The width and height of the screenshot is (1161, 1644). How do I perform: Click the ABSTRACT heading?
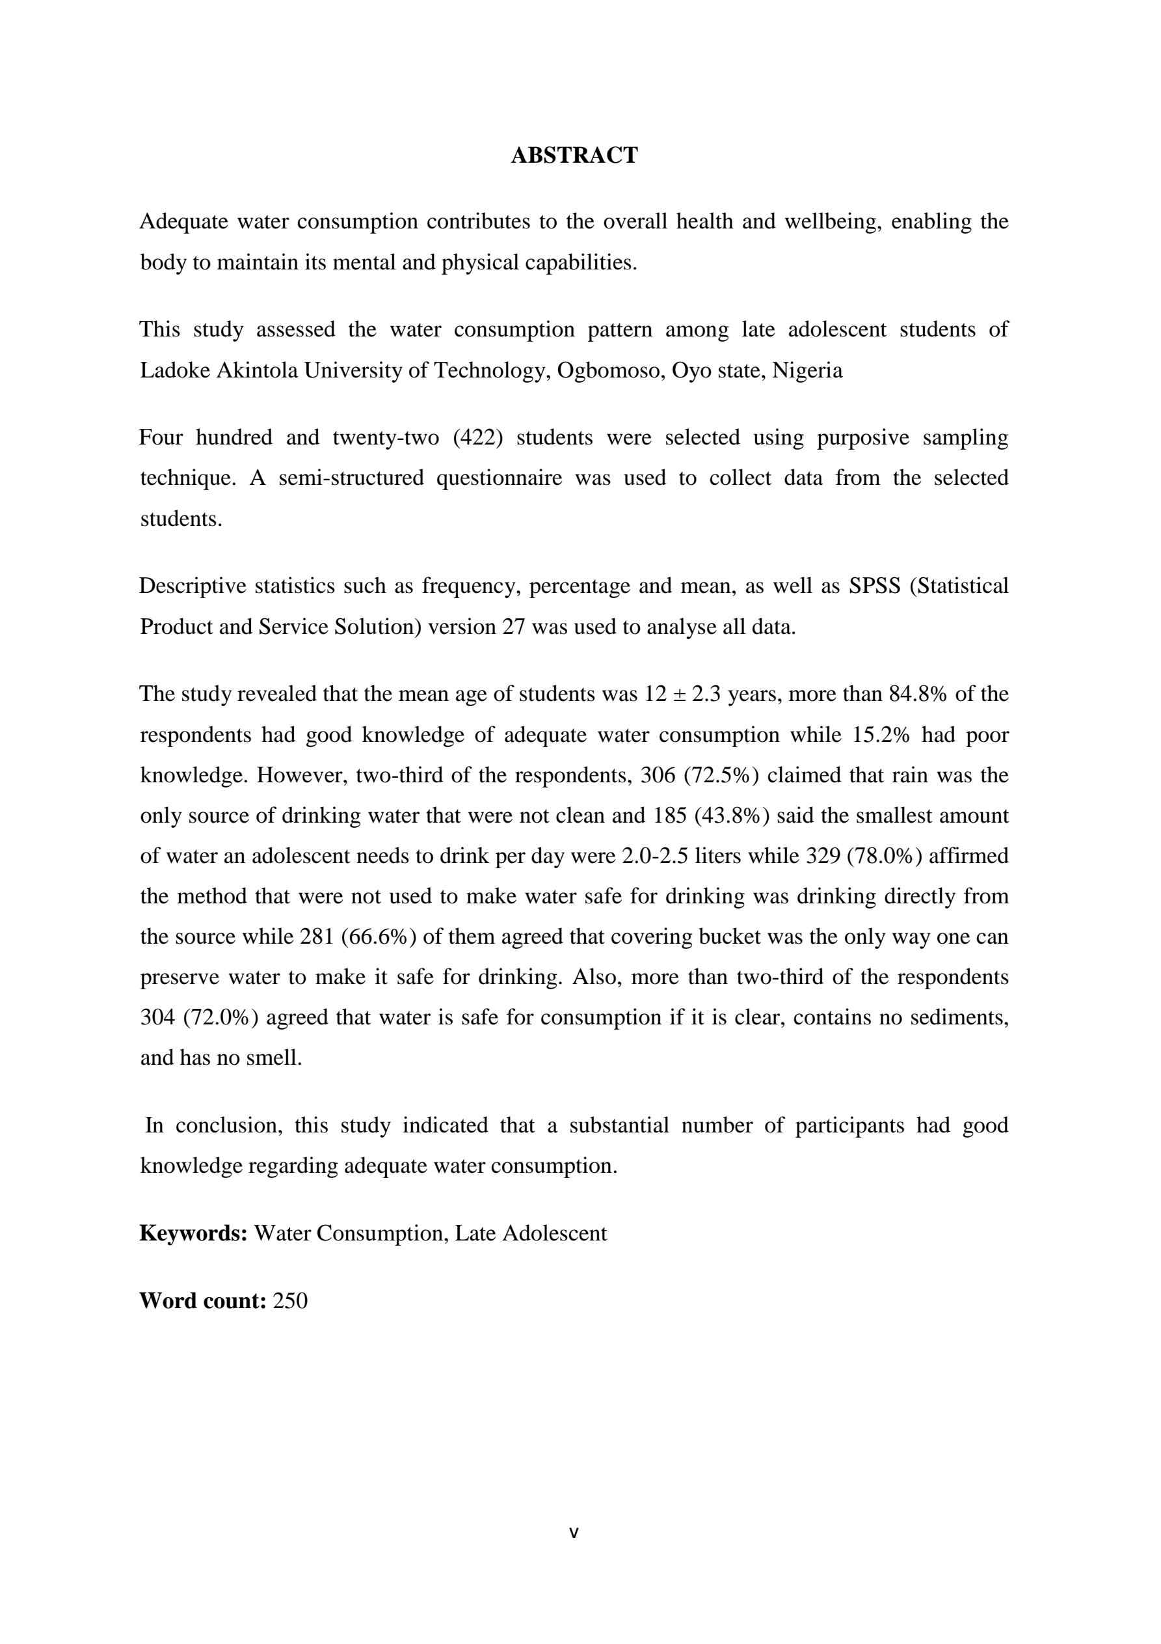[x=574, y=156]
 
